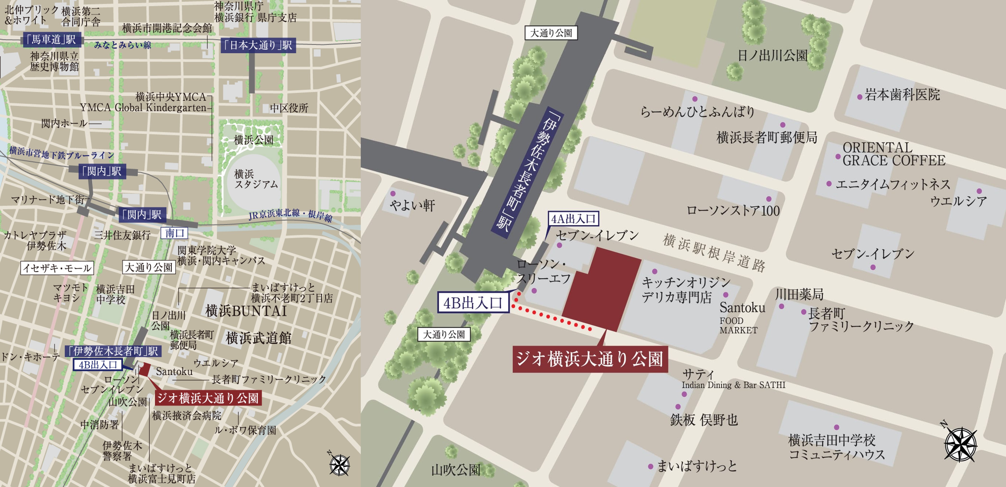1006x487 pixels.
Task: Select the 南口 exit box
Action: (x=175, y=233)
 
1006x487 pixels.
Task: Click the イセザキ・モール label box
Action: (x=57, y=268)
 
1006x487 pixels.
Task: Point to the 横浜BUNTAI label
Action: (x=246, y=311)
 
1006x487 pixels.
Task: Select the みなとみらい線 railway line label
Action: (x=123, y=45)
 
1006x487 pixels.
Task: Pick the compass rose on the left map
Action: (x=339, y=465)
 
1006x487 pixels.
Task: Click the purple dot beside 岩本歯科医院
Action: (x=860, y=97)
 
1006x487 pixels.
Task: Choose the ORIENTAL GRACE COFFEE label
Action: (x=893, y=154)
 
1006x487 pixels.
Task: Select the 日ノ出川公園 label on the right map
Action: (x=772, y=55)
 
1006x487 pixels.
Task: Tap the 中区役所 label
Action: (x=289, y=108)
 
